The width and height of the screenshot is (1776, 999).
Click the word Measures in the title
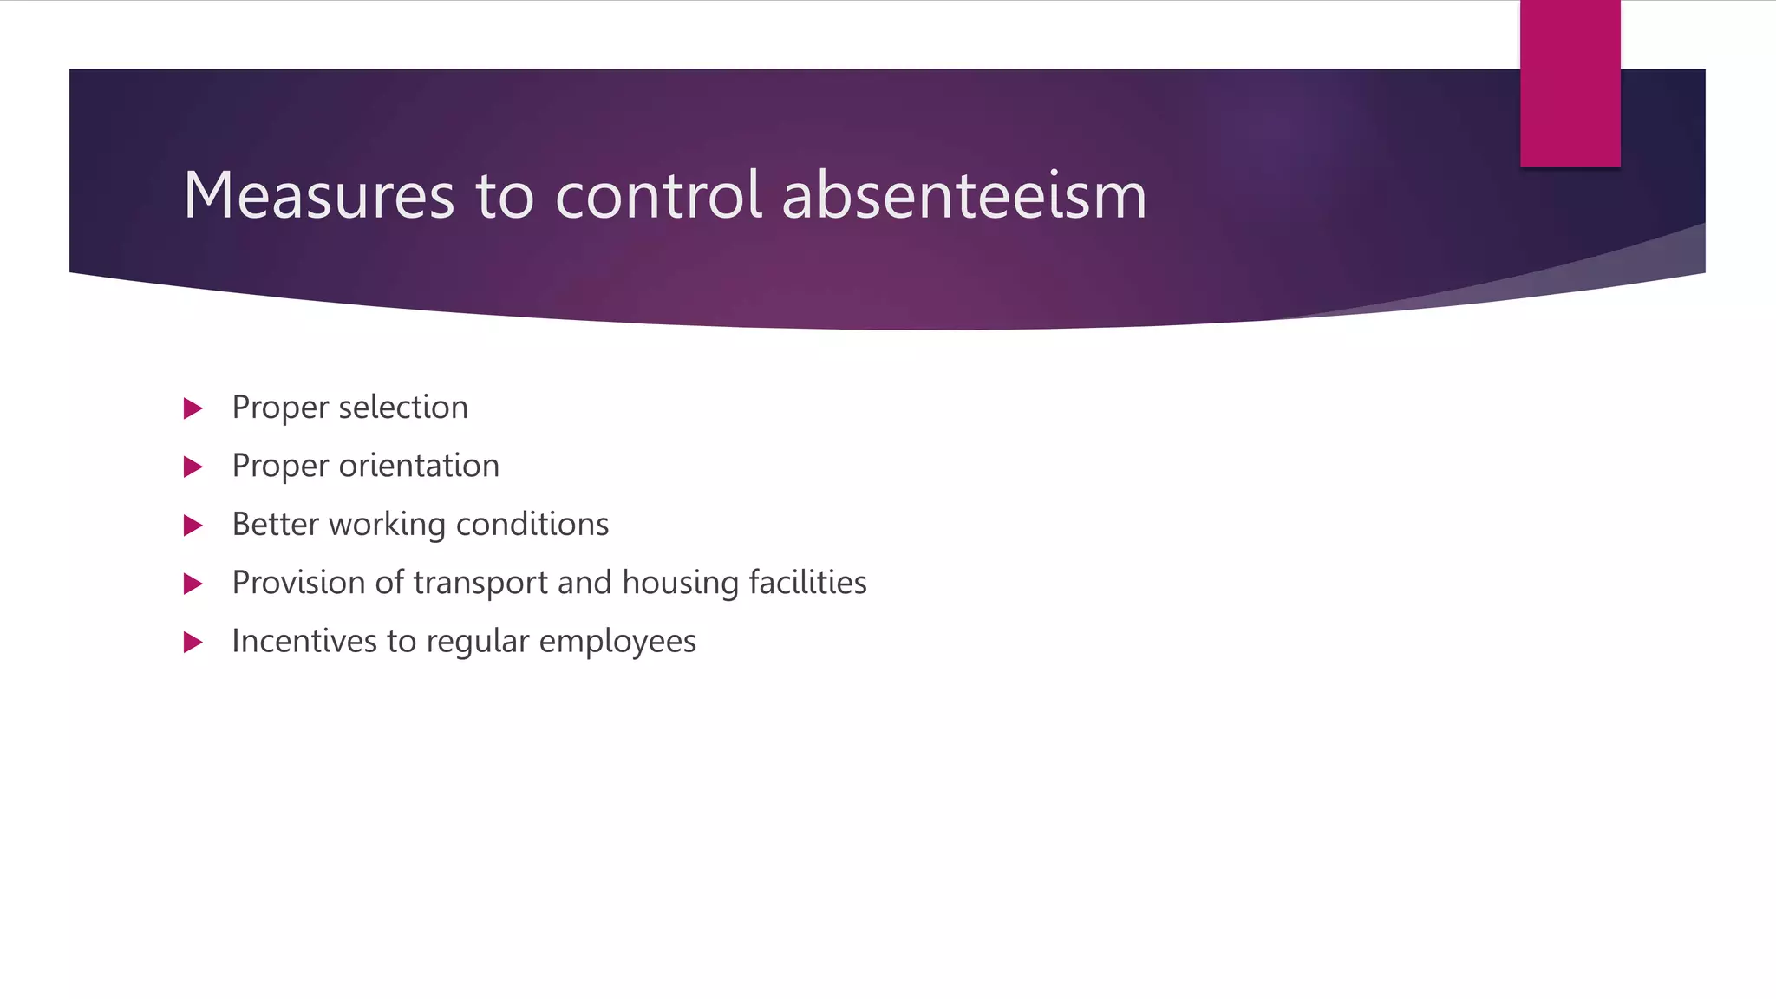318,195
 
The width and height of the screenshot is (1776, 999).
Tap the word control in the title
658,195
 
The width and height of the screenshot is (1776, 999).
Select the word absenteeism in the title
963,195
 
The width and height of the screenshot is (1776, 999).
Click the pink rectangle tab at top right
1570,83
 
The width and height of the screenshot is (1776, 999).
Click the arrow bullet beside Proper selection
193,408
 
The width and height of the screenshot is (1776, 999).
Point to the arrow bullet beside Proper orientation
193,467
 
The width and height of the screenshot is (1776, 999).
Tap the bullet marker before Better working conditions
193,526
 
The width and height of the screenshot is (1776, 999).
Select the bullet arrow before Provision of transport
193,584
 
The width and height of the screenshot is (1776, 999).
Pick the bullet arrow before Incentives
193,643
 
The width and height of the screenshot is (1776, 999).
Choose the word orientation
419,466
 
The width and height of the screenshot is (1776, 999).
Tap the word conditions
532,525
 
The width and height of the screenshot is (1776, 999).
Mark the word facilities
807,583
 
